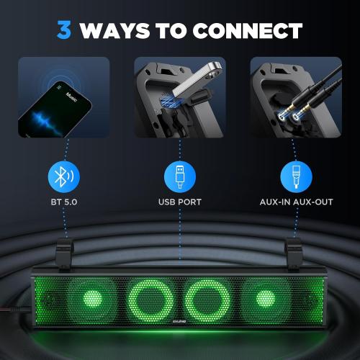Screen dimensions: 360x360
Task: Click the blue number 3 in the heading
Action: coord(64,30)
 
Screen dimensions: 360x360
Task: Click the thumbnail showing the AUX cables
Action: coord(295,97)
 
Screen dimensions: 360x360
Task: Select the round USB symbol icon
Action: coord(179,176)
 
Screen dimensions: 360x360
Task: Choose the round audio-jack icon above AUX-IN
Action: coord(295,176)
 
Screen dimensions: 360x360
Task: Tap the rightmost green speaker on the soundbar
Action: coord(264,296)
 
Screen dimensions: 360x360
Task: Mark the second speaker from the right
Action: coord(208,296)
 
